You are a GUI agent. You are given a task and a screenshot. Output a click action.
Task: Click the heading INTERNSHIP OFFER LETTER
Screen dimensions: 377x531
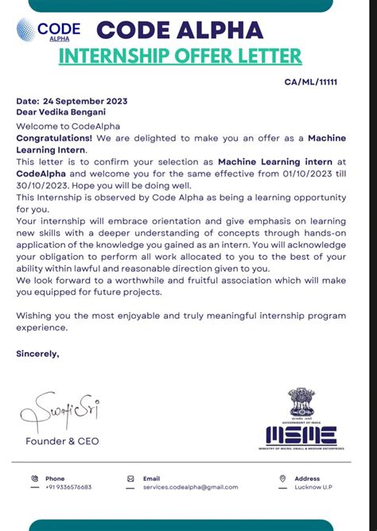click(x=181, y=56)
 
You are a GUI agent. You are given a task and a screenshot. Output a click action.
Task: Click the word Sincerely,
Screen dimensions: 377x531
click(x=37, y=355)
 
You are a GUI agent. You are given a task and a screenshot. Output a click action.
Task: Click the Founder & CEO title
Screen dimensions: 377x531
click(x=63, y=440)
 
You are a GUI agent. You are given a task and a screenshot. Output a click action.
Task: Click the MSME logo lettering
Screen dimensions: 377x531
click(x=301, y=435)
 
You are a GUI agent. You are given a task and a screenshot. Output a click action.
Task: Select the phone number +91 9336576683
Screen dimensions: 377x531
click(x=68, y=487)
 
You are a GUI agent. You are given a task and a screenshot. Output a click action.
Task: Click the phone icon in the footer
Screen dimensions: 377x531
click(x=34, y=479)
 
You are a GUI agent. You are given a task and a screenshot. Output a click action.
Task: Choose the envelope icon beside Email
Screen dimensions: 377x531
click(x=130, y=479)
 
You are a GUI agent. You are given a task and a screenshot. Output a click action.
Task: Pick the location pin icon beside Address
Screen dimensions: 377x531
click(x=282, y=479)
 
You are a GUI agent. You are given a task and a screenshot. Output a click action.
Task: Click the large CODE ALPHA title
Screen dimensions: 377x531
click(x=179, y=30)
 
